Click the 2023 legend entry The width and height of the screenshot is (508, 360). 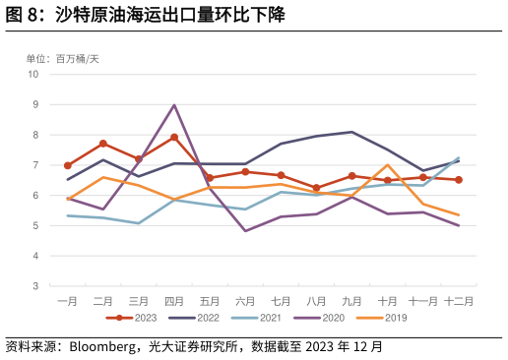click(x=132, y=318)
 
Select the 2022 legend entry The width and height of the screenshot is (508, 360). click(x=194, y=318)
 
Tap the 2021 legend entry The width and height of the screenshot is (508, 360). click(x=257, y=318)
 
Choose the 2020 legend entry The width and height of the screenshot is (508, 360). click(x=319, y=318)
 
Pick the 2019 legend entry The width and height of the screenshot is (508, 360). click(x=382, y=318)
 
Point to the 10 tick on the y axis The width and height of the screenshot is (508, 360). click(x=32, y=74)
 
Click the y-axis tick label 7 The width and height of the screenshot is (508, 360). click(x=35, y=165)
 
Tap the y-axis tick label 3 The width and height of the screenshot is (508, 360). click(x=35, y=286)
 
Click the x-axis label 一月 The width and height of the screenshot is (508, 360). click(x=68, y=301)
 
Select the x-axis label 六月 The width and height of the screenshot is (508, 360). click(x=245, y=301)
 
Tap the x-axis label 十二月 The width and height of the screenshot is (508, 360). click(x=458, y=301)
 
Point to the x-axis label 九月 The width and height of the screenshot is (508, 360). click(x=351, y=301)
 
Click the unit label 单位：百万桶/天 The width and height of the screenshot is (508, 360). click(x=63, y=59)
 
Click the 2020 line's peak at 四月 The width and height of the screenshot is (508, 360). click(x=174, y=105)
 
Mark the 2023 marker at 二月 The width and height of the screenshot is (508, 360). click(x=103, y=144)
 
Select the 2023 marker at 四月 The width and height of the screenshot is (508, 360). click(x=174, y=138)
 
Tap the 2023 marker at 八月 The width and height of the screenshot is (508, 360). click(x=316, y=188)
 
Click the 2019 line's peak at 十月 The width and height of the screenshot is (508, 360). click(x=388, y=165)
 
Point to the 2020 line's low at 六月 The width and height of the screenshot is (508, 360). click(x=245, y=231)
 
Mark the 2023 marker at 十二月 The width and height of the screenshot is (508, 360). click(x=459, y=180)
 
